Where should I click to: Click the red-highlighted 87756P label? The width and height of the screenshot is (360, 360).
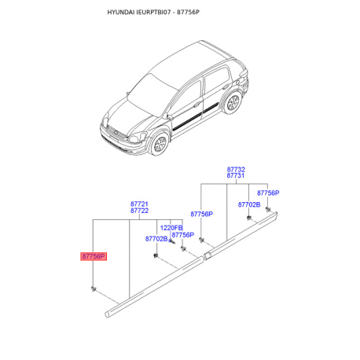pos(94,256)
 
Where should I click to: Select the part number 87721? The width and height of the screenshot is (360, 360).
pos(139,204)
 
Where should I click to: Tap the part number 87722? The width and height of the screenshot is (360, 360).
pos(139,211)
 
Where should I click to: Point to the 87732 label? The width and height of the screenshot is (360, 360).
pos(236,169)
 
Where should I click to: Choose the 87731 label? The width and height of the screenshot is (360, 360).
pos(236,175)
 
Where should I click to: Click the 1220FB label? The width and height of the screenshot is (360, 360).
pos(171,228)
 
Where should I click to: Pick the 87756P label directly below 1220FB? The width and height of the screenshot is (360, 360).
pos(183,235)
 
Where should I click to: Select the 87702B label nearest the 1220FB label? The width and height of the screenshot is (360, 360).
pos(156,239)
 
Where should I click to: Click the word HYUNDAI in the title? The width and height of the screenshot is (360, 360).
pos(121,13)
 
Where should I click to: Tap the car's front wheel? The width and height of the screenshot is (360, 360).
pos(160,144)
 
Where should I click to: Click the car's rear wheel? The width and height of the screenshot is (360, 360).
pos(232,102)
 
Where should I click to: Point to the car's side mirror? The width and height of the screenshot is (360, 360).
pos(170,117)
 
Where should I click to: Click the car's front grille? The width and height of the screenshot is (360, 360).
pos(116,133)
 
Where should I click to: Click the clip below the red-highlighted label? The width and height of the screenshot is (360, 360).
pos(94,288)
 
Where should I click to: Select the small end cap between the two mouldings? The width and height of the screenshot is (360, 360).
pos(207,255)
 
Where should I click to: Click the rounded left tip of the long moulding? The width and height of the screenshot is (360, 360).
pos(107,314)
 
